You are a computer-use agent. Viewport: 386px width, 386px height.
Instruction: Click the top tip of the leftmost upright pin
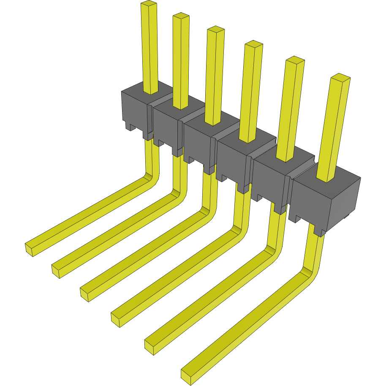tap(148, 5)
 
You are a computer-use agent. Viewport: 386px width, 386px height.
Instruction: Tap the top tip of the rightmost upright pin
tap(340, 77)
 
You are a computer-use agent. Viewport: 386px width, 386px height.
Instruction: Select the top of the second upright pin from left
tap(180, 16)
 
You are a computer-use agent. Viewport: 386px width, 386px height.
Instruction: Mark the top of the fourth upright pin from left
tap(254, 44)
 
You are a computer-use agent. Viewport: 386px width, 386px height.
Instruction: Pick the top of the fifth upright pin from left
tap(295, 60)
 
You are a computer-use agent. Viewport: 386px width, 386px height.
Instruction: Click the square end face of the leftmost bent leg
tap(30, 250)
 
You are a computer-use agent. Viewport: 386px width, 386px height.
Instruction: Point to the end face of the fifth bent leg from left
tap(149, 347)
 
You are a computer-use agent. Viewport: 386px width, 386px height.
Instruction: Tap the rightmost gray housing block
tap(327, 198)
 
